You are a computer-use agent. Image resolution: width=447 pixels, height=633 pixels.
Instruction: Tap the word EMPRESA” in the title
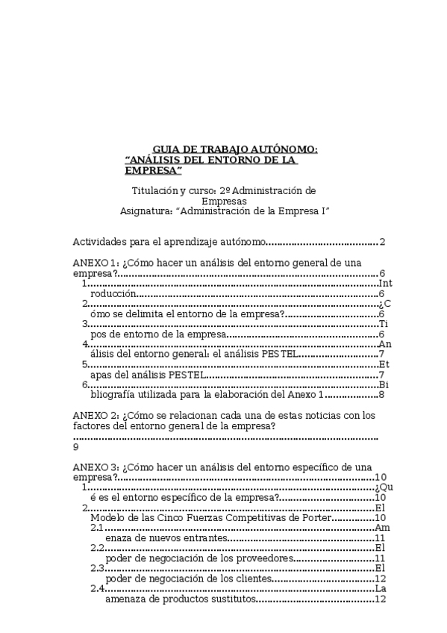pyautogui.click(x=154, y=171)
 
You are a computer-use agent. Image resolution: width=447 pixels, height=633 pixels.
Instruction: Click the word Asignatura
pyautogui.click(x=146, y=211)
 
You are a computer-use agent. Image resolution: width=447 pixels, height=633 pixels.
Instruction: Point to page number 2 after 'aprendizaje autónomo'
pyautogui.click(x=381, y=242)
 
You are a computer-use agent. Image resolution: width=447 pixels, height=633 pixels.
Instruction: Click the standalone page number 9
pyautogui.click(x=76, y=447)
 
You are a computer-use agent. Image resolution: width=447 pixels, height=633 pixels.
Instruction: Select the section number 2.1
pyautogui.click(x=97, y=528)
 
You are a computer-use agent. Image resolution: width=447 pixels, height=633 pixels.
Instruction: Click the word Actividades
pyautogui.click(x=99, y=242)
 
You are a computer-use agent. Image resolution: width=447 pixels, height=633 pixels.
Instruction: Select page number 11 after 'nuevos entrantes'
pyautogui.click(x=380, y=538)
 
